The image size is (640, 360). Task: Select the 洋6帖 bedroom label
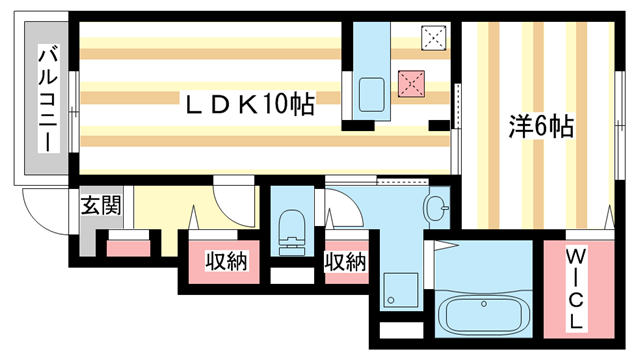[x=540, y=127]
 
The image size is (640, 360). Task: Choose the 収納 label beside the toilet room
[x=345, y=262]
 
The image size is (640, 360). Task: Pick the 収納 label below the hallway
[x=227, y=261]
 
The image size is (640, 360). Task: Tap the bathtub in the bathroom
[x=487, y=319]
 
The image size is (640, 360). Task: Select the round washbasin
[x=437, y=210]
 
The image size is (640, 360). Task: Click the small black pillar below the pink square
[x=438, y=124]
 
